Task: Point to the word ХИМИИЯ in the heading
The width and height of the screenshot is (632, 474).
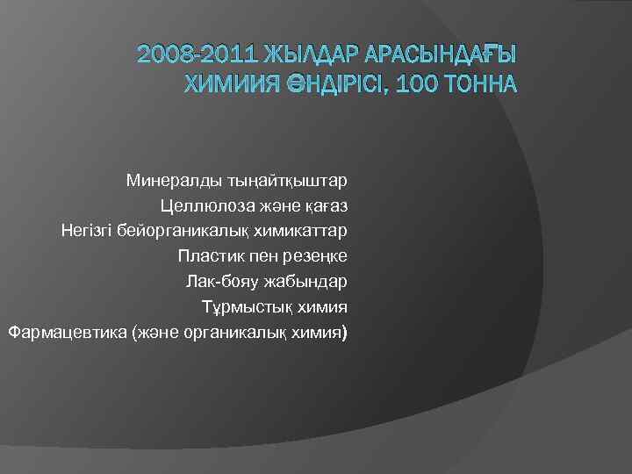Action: point(229,84)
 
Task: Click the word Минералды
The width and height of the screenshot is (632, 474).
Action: point(167,181)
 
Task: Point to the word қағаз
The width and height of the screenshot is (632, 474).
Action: point(324,206)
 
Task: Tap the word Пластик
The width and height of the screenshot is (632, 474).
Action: point(206,257)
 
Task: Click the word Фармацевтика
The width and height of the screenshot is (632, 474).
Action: point(63,334)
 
